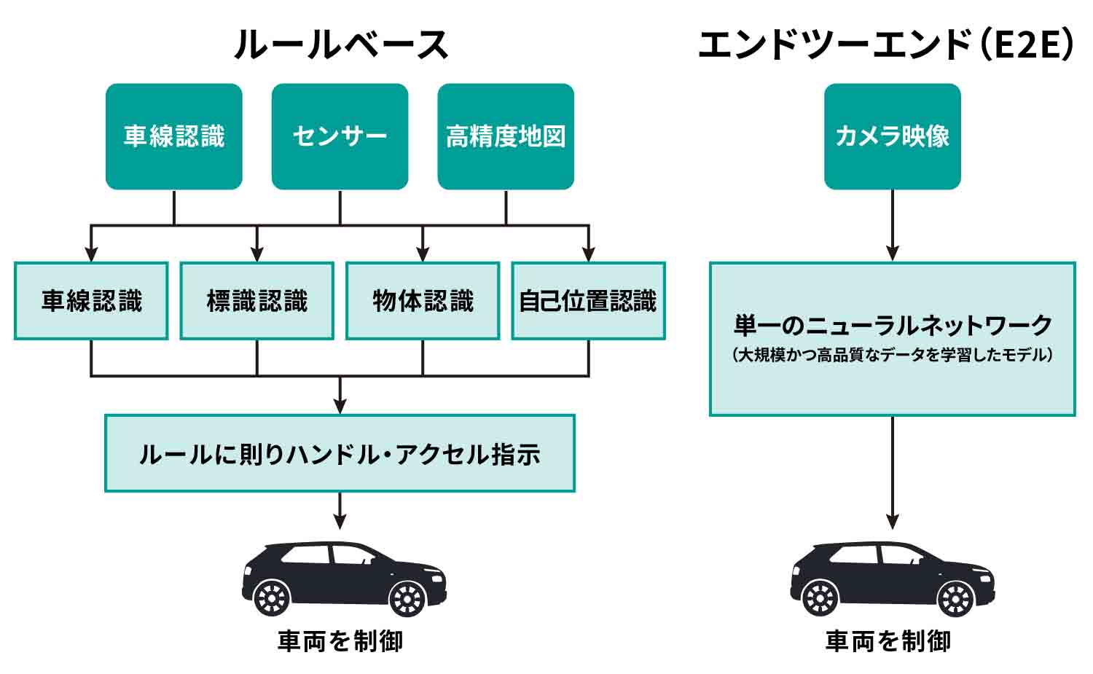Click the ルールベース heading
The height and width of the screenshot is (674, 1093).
click(340, 44)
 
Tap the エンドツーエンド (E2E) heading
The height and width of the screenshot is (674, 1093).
click(886, 44)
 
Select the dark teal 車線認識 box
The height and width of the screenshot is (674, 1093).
click(173, 136)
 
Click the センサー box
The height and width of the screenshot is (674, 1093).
click(340, 136)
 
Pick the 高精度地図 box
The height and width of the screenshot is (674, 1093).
click(506, 136)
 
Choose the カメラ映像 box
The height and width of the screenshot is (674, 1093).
click(892, 136)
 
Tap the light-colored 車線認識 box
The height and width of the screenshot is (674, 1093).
click(91, 301)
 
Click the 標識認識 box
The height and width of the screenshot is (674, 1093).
click(256, 301)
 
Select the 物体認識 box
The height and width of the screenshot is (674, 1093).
click(423, 301)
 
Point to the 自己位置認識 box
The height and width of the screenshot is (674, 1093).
click(588, 301)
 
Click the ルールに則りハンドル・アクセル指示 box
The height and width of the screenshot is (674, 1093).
click(340, 453)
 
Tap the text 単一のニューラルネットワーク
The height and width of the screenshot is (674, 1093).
click(893, 325)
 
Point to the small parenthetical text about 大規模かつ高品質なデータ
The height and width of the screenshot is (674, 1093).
click(893, 356)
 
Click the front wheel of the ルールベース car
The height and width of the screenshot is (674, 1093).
click(407, 598)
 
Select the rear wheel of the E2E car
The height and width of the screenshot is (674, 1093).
click(820, 598)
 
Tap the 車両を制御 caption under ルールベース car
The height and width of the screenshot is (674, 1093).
click(340, 641)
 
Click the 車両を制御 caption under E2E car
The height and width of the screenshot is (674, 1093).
click(888, 641)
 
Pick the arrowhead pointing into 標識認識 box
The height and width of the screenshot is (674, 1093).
click(256, 254)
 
